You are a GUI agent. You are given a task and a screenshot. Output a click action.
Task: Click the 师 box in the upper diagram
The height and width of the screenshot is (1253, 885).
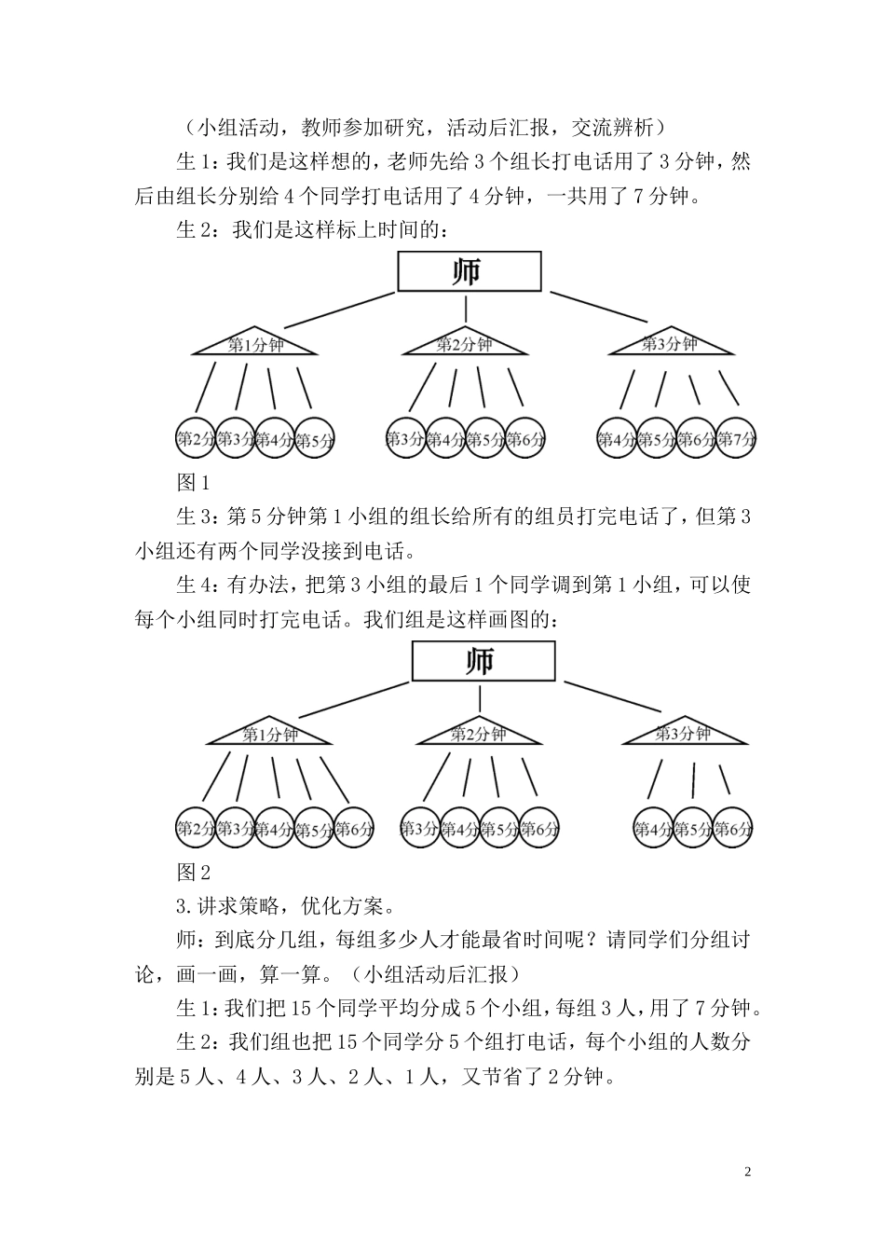tap(469, 271)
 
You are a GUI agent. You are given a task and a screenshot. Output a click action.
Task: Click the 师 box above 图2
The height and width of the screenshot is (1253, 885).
tap(483, 662)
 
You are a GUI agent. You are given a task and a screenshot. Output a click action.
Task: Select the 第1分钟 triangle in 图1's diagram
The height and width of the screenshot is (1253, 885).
tap(255, 345)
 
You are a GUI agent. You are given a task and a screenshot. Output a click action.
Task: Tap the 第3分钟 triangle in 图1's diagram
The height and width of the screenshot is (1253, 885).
tap(670, 344)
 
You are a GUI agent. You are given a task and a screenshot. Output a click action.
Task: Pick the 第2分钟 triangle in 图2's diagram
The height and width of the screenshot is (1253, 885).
tap(479, 735)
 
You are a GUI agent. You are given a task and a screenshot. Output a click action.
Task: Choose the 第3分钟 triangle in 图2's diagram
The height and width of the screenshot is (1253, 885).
tap(684, 735)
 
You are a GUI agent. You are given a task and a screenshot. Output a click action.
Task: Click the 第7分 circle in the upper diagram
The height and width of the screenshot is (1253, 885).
tap(736, 438)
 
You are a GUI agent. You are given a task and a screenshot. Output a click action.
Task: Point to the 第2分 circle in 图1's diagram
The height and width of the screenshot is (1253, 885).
tap(196, 438)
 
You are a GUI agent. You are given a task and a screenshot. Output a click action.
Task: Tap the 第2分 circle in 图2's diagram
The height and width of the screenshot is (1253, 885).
tap(196, 828)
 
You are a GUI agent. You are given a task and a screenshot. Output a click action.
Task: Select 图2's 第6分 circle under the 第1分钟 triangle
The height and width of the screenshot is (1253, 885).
tap(354, 828)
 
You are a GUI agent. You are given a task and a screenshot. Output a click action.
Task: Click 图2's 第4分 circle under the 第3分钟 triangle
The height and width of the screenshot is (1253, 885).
tap(652, 828)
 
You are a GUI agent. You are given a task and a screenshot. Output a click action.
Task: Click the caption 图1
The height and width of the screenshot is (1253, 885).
tap(193, 483)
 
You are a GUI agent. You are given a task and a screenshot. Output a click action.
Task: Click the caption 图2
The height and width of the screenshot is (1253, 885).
tap(193, 873)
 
